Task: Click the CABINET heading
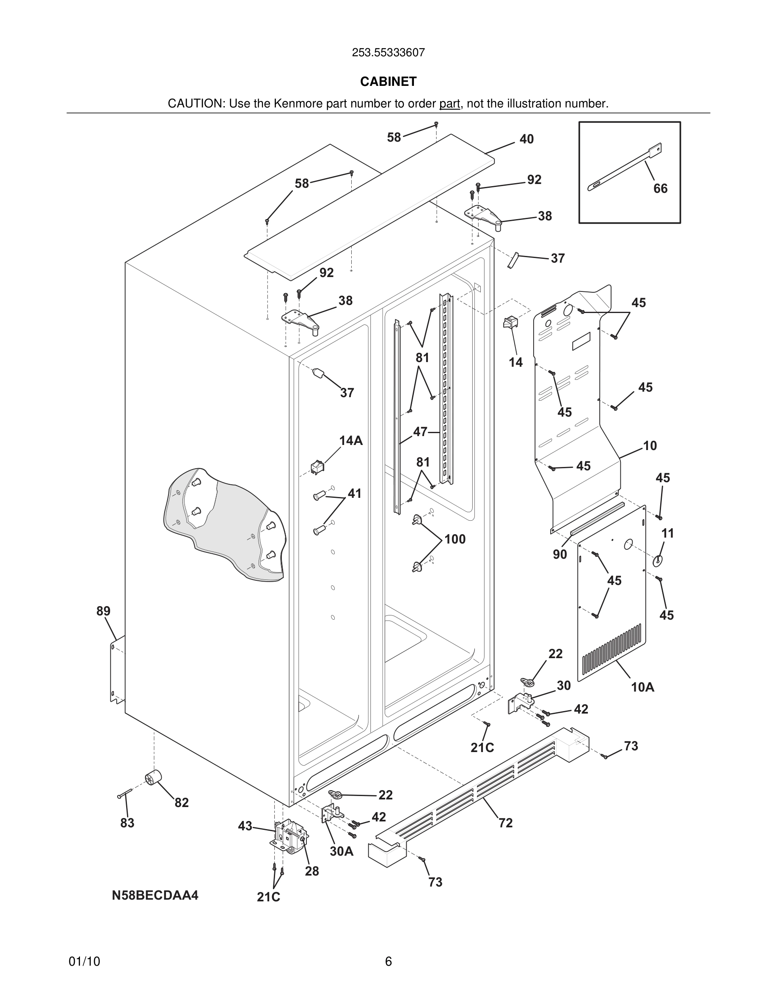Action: [388, 82]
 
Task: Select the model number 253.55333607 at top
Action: [388, 53]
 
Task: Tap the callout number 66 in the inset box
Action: [660, 188]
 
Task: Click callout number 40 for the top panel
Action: [526, 139]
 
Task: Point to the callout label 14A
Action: [351, 441]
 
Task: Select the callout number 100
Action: [455, 539]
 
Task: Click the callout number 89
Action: [103, 611]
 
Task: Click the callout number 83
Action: [127, 823]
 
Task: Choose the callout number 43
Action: [245, 826]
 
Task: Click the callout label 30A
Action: [342, 851]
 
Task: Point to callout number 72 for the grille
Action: [505, 823]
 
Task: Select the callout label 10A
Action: [642, 687]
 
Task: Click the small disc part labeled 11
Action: [657, 561]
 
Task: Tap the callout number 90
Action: [560, 555]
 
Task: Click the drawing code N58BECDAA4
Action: [155, 895]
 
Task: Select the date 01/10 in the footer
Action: [84, 961]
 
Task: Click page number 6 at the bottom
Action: [388, 961]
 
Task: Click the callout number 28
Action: [311, 871]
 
